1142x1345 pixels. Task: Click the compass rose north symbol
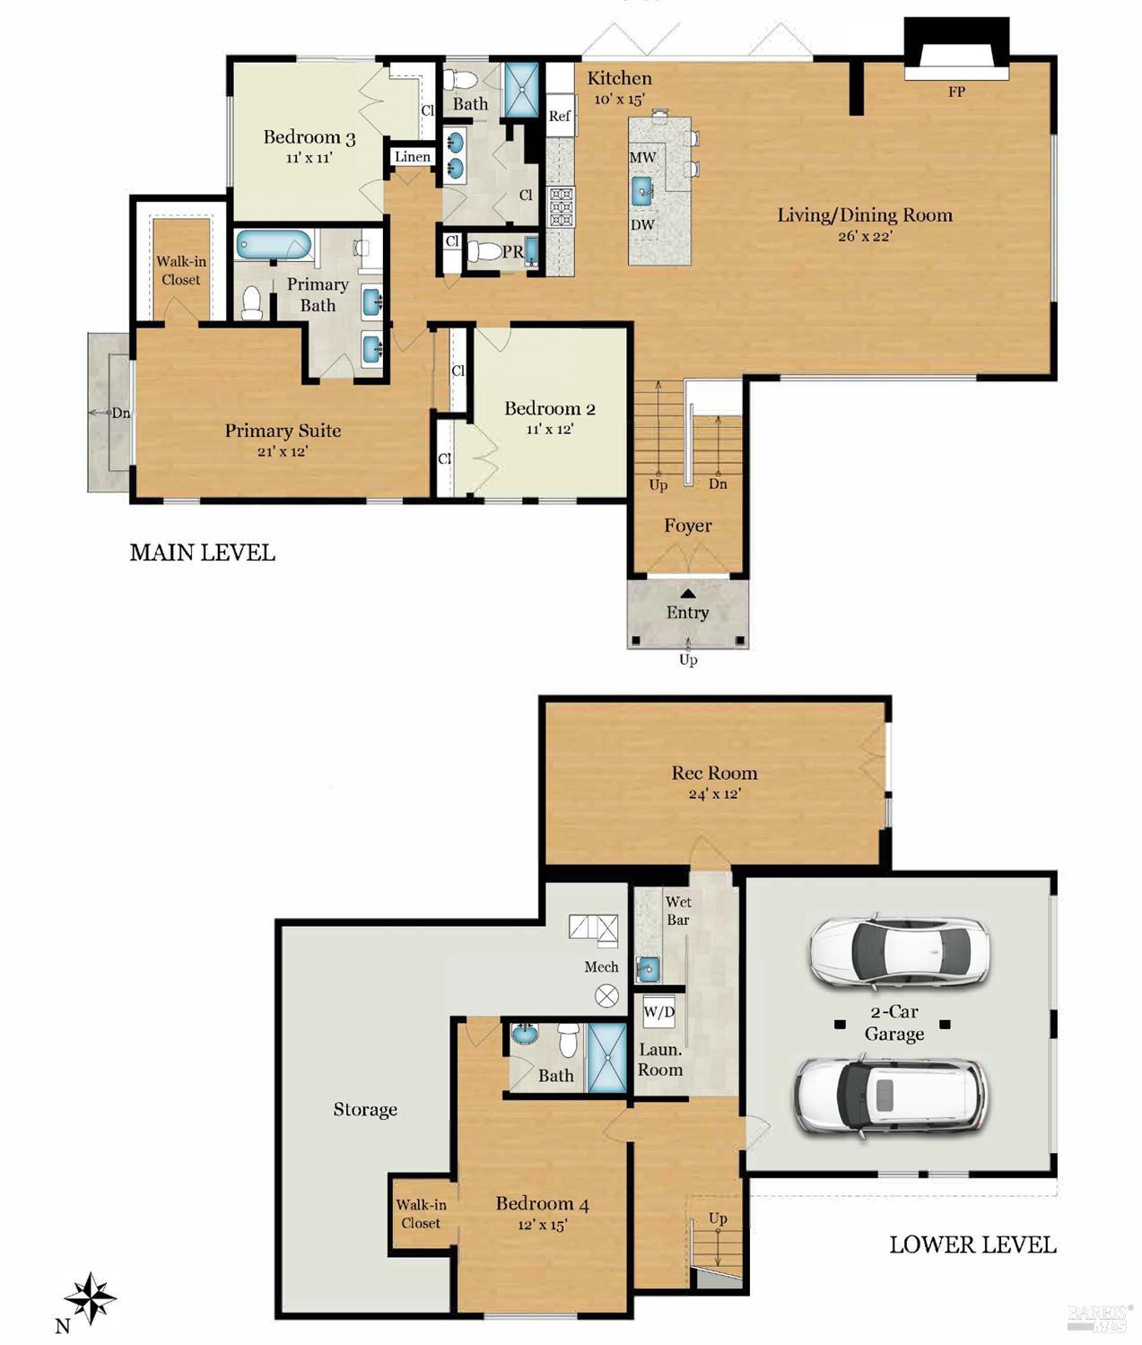click(x=89, y=1298)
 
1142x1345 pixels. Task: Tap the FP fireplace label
click(x=956, y=92)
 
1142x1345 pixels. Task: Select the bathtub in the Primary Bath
click(x=274, y=245)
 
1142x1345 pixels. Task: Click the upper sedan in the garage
click(x=898, y=951)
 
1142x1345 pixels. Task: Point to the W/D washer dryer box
click(x=659, y=1013)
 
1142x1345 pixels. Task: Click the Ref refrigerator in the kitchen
click(x=560, y=116)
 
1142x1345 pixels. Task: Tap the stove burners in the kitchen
click(x=561, y=208)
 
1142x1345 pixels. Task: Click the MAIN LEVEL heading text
click(x=202, y=553)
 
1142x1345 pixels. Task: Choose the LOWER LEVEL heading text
click(x=972, y=1245)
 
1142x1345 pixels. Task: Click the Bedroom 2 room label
click(x=549, y=409)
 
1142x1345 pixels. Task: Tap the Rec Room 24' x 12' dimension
click(x=714, y=794)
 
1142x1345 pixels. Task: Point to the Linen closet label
click(x=413, y=157)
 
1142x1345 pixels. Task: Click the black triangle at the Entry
click(x=687, y=593)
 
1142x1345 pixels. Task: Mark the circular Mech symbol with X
click(x=608, y=994)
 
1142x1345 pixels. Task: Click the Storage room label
click(x=365, y=1110)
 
